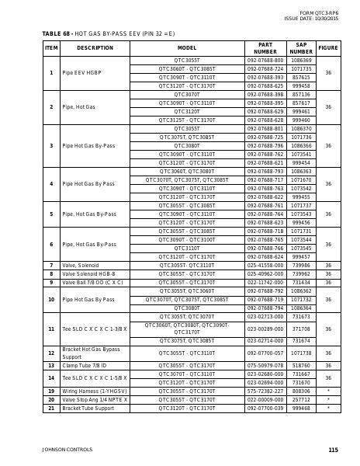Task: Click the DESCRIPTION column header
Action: [95, 48]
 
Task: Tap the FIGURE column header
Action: [328, 48]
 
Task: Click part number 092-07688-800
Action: [265, 61]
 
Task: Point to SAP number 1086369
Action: [301, 61]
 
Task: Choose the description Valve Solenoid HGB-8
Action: [88, 274]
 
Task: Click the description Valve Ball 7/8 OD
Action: [92, 283]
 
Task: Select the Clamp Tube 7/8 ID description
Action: [85, 365]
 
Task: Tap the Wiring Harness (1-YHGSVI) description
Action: [95, 391]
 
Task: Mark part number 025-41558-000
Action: [265, 266]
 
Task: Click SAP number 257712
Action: [301, 399]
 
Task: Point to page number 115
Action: [333, 450]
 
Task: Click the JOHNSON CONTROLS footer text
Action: [67, 450]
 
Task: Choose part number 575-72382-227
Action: [265, 391]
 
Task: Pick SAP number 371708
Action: [301, 329]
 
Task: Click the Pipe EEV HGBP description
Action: [81, 73]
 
